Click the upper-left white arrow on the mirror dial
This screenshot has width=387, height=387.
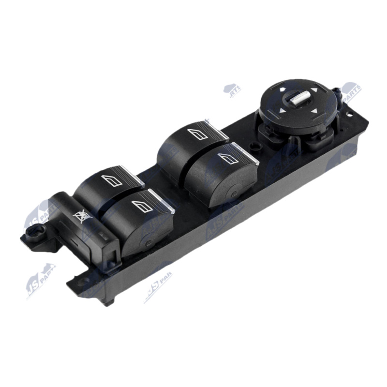283,90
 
